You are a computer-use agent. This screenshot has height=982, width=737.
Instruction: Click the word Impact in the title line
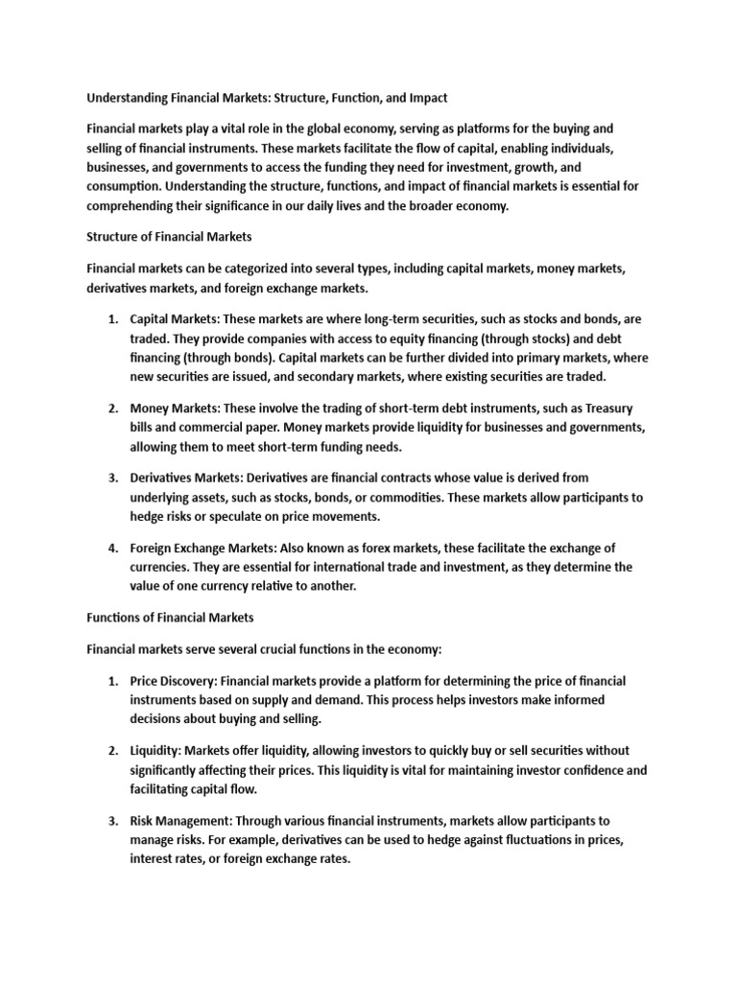[425, 99]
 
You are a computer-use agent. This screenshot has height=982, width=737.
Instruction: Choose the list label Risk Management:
[185, 821]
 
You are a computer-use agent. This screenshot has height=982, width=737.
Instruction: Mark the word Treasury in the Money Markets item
[607, 409]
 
